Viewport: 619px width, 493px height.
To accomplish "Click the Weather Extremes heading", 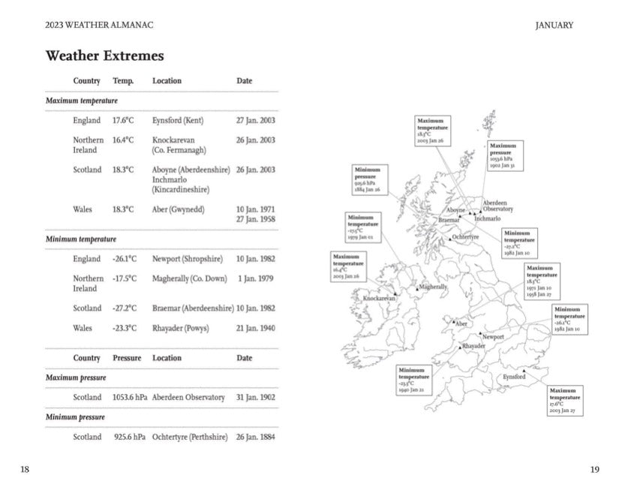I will (x=104, y=56).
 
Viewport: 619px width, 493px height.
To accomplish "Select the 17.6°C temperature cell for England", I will (x=123, y=120).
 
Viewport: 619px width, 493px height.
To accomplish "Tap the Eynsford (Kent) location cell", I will (x=178, y=120).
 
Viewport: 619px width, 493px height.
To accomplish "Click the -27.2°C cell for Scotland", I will (x=125, y=308).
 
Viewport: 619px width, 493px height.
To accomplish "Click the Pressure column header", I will (x=127, y=358).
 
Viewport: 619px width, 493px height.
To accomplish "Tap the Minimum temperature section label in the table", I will (x=81, y=239).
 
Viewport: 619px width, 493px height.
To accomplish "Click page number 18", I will (x=25, y=470).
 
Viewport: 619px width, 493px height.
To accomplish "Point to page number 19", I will (x=594, y=470).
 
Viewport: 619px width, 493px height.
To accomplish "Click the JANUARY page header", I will (x=554, y=26).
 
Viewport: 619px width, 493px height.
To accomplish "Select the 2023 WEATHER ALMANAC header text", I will (x=99, y=26).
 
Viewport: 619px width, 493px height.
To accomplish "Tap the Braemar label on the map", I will (x=449, y=221).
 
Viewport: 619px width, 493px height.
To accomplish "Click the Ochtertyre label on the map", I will (x=465, y=237).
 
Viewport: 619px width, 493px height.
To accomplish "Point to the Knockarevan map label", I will (x=379, y=299).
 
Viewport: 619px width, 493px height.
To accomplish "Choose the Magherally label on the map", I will (x=434, y=287).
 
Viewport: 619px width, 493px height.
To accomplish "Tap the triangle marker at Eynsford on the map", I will (x=524, y=371).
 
